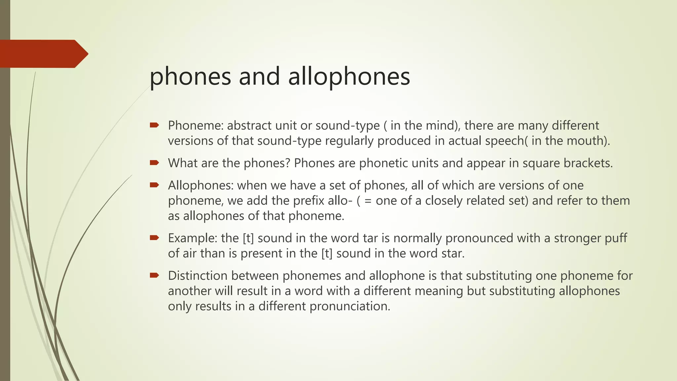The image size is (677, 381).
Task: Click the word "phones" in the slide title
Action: pos(190,77)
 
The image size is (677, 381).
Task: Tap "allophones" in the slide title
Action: pos(349,77)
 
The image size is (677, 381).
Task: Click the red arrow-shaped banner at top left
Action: pos(43,54)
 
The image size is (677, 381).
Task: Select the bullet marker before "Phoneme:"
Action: pos(154,125)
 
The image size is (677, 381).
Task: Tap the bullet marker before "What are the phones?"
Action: pos(154,162)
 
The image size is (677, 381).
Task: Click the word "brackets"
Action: pos(588,163)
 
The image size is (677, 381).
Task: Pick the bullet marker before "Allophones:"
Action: pos(154,185)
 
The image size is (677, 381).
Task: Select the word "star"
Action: pos(453,253)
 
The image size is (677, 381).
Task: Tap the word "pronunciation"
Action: pos(350,306)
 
